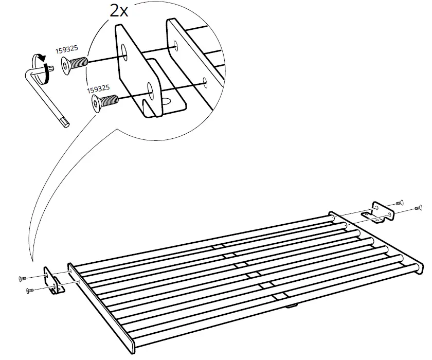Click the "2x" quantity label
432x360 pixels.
[119, 10]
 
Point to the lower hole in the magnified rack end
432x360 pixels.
[205, 80]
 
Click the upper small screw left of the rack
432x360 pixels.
[23, 278]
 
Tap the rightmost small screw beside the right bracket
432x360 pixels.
[418, 208]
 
